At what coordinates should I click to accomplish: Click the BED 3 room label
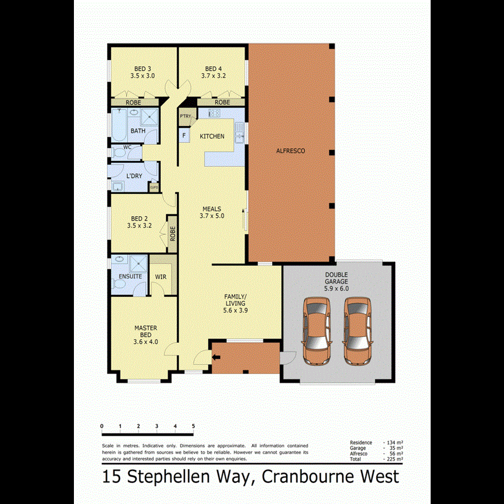coord(142,69)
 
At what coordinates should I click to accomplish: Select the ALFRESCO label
coord(291,151)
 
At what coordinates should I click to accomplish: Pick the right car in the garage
coord(357,331)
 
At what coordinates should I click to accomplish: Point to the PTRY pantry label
coord(185,116)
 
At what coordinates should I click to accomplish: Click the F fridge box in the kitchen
coord(184,135)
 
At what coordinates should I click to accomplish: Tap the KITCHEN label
coord(212,136)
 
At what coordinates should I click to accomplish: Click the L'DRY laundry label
coord(134,176)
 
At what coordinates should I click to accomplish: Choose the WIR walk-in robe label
coord(160,277)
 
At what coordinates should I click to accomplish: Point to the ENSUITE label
coord(130,277)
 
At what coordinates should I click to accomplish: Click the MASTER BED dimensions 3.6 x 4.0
coord(146,342)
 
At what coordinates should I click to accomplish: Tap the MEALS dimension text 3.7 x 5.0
coord(212,216)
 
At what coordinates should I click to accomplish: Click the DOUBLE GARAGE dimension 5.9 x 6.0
coord(336,289)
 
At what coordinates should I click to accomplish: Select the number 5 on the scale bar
coord(193,427)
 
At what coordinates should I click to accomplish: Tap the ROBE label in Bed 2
coord(172,233)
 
